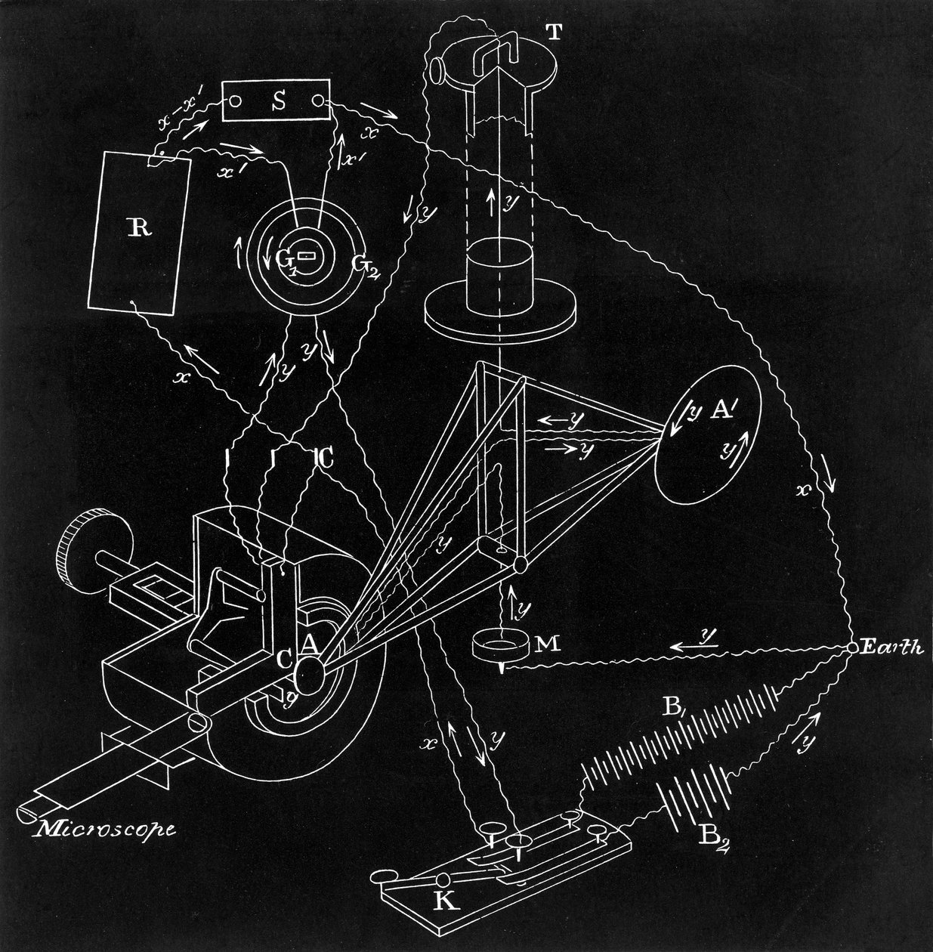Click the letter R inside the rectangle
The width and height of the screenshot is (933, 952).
point(137,229)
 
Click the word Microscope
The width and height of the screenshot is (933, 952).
point(107,829)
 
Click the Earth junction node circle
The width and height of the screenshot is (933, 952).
point(852,648)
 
